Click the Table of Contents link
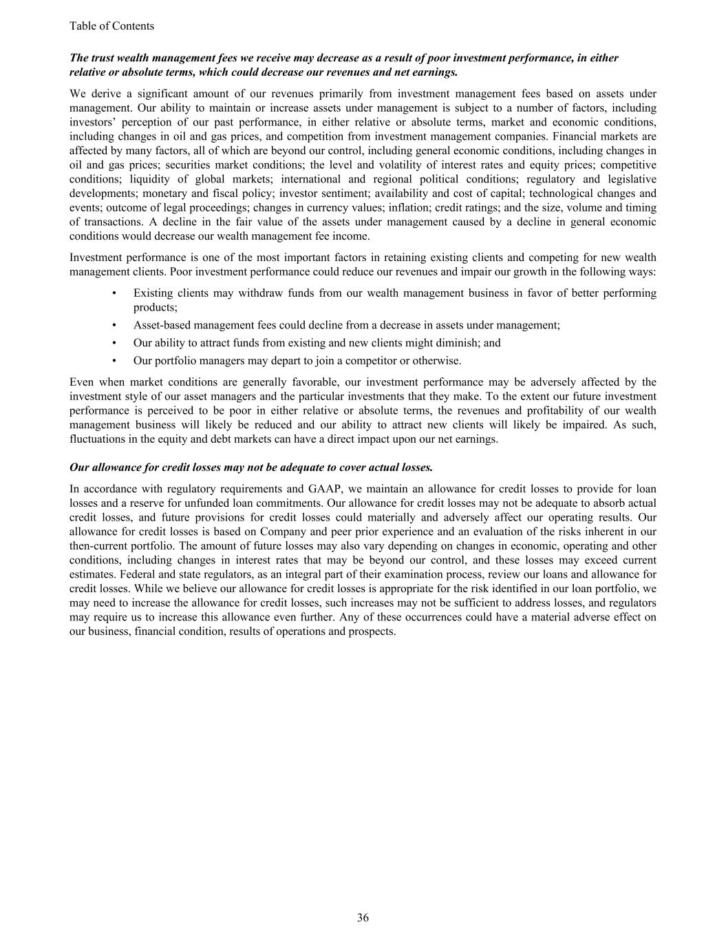pos(111,26)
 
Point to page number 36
pos(363,917)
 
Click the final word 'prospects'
pos(372,631)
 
